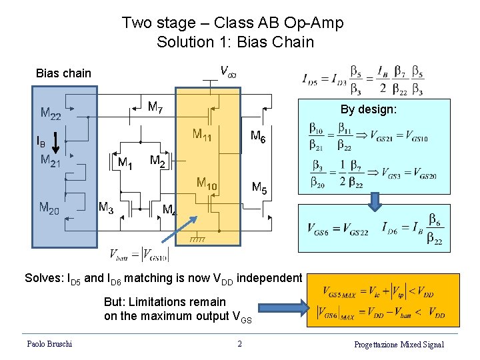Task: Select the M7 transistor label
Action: [155, 106]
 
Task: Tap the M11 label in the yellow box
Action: [203, 135]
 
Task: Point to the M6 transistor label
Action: [258, 136]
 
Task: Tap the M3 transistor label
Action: [105, 207]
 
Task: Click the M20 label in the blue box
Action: [49, 208]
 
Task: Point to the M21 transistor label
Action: [51, 159]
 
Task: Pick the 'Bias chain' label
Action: [63, 73]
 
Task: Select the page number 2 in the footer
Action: [239, 344]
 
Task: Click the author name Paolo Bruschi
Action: [49, 344]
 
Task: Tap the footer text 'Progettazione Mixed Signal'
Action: [399, 344]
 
